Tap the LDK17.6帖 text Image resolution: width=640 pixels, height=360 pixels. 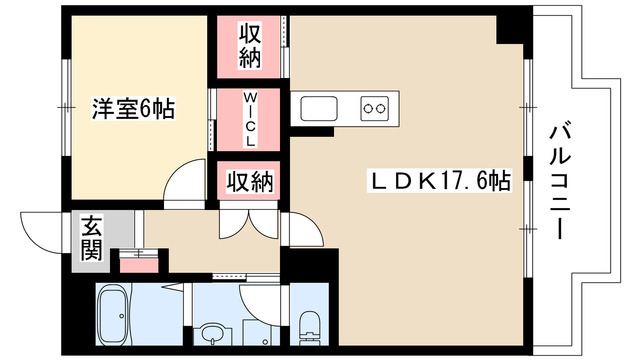pos(441,181)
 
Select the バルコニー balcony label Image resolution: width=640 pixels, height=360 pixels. pos(559,180)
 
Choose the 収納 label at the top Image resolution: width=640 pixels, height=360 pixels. pos(249,45)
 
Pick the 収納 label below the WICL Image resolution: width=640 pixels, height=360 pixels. pos(249,183)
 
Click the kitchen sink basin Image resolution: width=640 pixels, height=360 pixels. pos(321,106)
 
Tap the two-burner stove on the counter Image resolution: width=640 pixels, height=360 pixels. pos(375,106)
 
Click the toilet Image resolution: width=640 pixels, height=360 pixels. pos(310,323)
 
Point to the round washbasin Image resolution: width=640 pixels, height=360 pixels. pos(212,330)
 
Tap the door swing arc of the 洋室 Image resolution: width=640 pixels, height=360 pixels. pos(185,187)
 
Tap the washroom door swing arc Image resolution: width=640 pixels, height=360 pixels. pos(254,300)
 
